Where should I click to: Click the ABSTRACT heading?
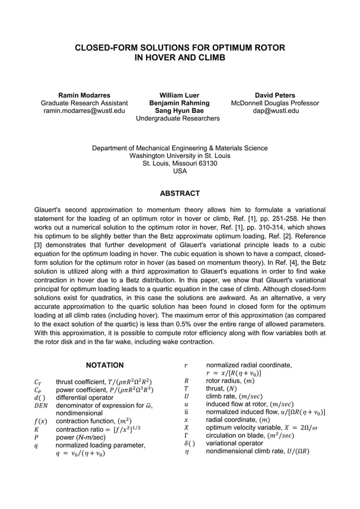pyautogui.click(x=179, y=194)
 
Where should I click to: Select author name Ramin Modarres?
pyautogui.click(x=84, y=95)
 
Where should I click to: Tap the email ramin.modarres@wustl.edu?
pyautogui.click(x=84, y=111)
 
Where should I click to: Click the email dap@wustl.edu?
pyautogui.click(x=275, y=111)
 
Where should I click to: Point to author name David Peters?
pyautogui.click(x=275, y=95)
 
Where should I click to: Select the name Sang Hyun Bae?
pyautogui.click(x=179, y=111)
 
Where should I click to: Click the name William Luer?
pyautogui.click(x=179, y=95)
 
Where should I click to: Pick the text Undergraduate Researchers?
pyautogui.click(x=178, y=119)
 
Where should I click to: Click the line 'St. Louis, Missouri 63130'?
pyautogui.click(x=179, y=164)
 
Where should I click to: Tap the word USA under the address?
pyautogui.click(x=179, y=172)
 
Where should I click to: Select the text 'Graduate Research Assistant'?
pyautogui.click(x=84, y=103)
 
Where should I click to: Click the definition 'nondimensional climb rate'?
pyautogui.click(x=257, y=451)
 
